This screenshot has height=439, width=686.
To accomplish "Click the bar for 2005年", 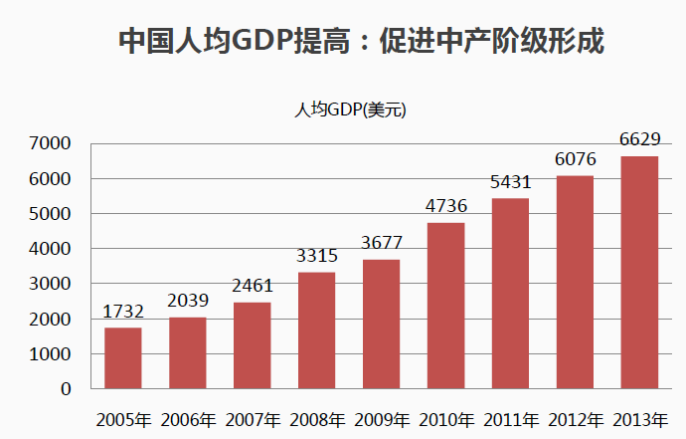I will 123,358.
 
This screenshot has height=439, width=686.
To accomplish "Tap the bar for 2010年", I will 445,306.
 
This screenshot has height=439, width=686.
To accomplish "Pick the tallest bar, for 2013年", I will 639,273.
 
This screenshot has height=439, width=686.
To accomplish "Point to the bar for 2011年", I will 510,294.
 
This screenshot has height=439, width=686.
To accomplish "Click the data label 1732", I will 123,313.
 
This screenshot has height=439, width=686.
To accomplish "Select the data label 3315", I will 316,257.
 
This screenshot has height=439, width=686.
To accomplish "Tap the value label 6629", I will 639,140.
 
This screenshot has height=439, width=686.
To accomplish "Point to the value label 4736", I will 445,207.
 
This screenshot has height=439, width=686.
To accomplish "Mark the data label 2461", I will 253,287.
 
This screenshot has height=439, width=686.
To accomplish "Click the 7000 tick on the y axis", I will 52,144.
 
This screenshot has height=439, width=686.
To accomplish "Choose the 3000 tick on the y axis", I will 52,285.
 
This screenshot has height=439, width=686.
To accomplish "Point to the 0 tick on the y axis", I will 66,389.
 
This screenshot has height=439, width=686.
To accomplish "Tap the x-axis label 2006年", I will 188,419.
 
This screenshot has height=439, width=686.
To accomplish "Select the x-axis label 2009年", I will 382,419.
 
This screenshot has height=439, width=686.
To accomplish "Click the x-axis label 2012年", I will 575,419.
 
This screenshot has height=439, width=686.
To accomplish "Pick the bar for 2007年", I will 253,345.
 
